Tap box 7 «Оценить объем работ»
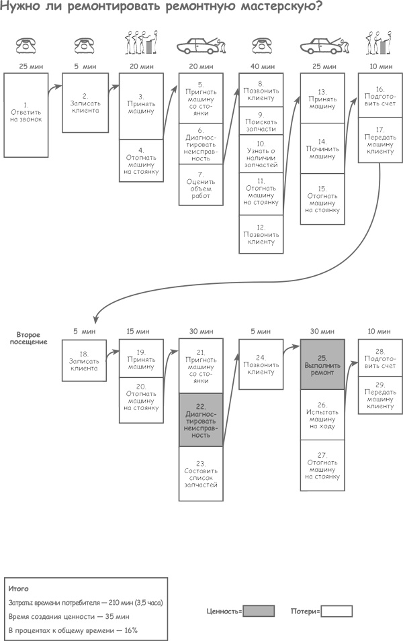pyautogui.click(x=201, y=185)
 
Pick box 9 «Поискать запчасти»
pyautogui.click(x=261, y=119)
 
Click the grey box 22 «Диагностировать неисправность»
pyautogui.click(x=201, y=420)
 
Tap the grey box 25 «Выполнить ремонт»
pyautogui.click(x=322, y=364)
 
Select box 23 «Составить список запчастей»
pyautogui.click(x=201, y=473)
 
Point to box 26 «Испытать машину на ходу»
pyautogui.click(x=322, y=415)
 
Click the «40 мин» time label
pyautogui.click(x=262, y=66)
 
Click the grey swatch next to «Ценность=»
pyautogui.click(x=259, y=611)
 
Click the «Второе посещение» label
pyautogui.click(x=32, y=338)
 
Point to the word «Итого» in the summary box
pyautogui.click(x=19, y=588)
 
